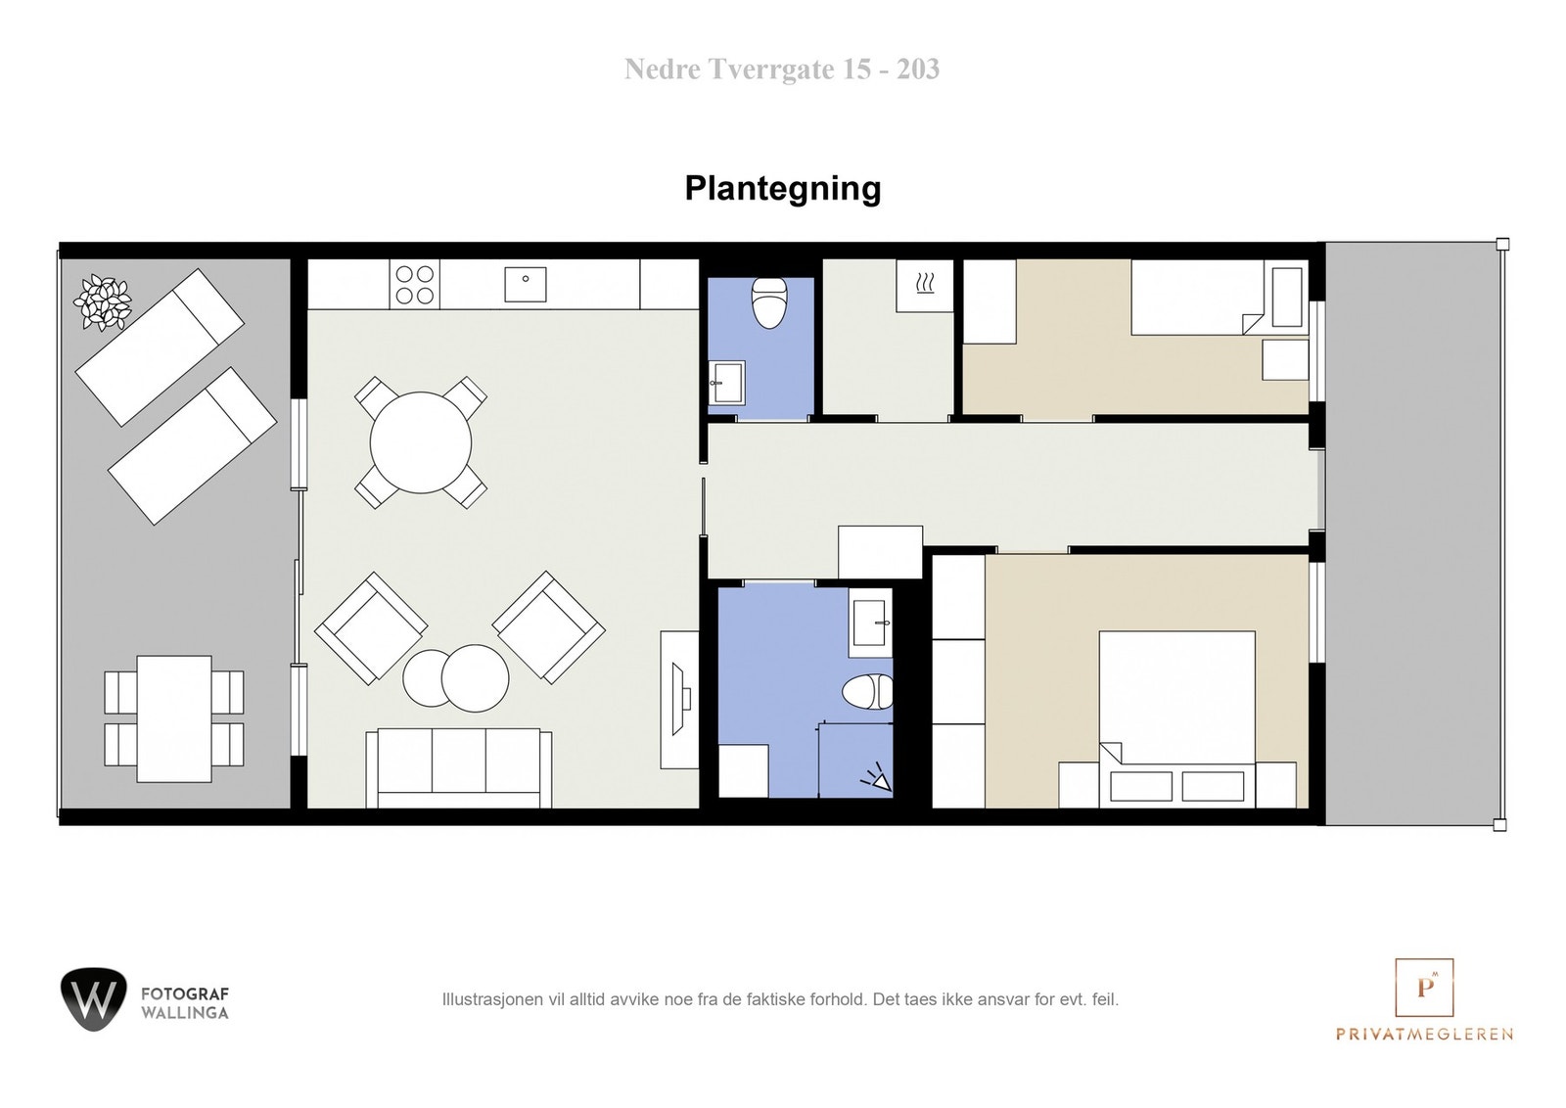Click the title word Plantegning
click(x=782, y=188)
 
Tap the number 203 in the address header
click(x=918, y=69)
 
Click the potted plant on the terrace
click(x=103, y=300)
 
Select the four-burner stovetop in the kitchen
click(x=414, y=283)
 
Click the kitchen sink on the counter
click(x=526, y=284)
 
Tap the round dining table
click(x=421, y=442)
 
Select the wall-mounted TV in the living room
click(x=679, y=699)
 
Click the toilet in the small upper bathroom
click(x=769, y=302)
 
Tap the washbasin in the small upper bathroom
click(x=727, y=382)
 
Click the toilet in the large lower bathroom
click(x=867, y=692)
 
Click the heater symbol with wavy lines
click(x=925, y=285)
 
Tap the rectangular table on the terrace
click(x=174, y=718)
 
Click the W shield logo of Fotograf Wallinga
click(x=93, y=999)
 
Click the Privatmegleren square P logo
click(x=1424, y=987)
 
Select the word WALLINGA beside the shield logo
click(x=185, y=1013)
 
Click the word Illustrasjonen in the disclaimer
click(x=482, y=999)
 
